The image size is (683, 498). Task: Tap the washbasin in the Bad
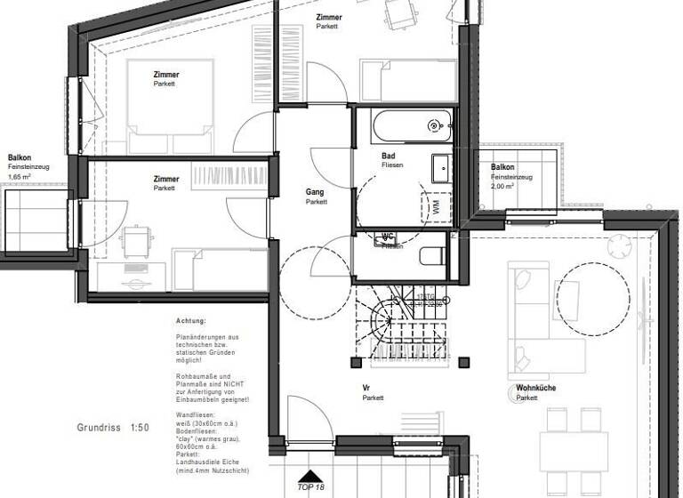pos(442,169)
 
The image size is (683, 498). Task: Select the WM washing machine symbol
pos(436,207)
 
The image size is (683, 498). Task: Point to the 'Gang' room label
pos(315,192)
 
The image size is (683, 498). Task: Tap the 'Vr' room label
pos(366,389)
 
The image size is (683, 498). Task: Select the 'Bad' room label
pos(388,156)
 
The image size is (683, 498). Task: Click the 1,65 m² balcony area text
pos(20,177)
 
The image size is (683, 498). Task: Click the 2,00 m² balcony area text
pos(502,187)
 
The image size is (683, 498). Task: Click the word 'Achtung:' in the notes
pos(191,320)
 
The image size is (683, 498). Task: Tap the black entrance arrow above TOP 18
pos(309,478)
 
